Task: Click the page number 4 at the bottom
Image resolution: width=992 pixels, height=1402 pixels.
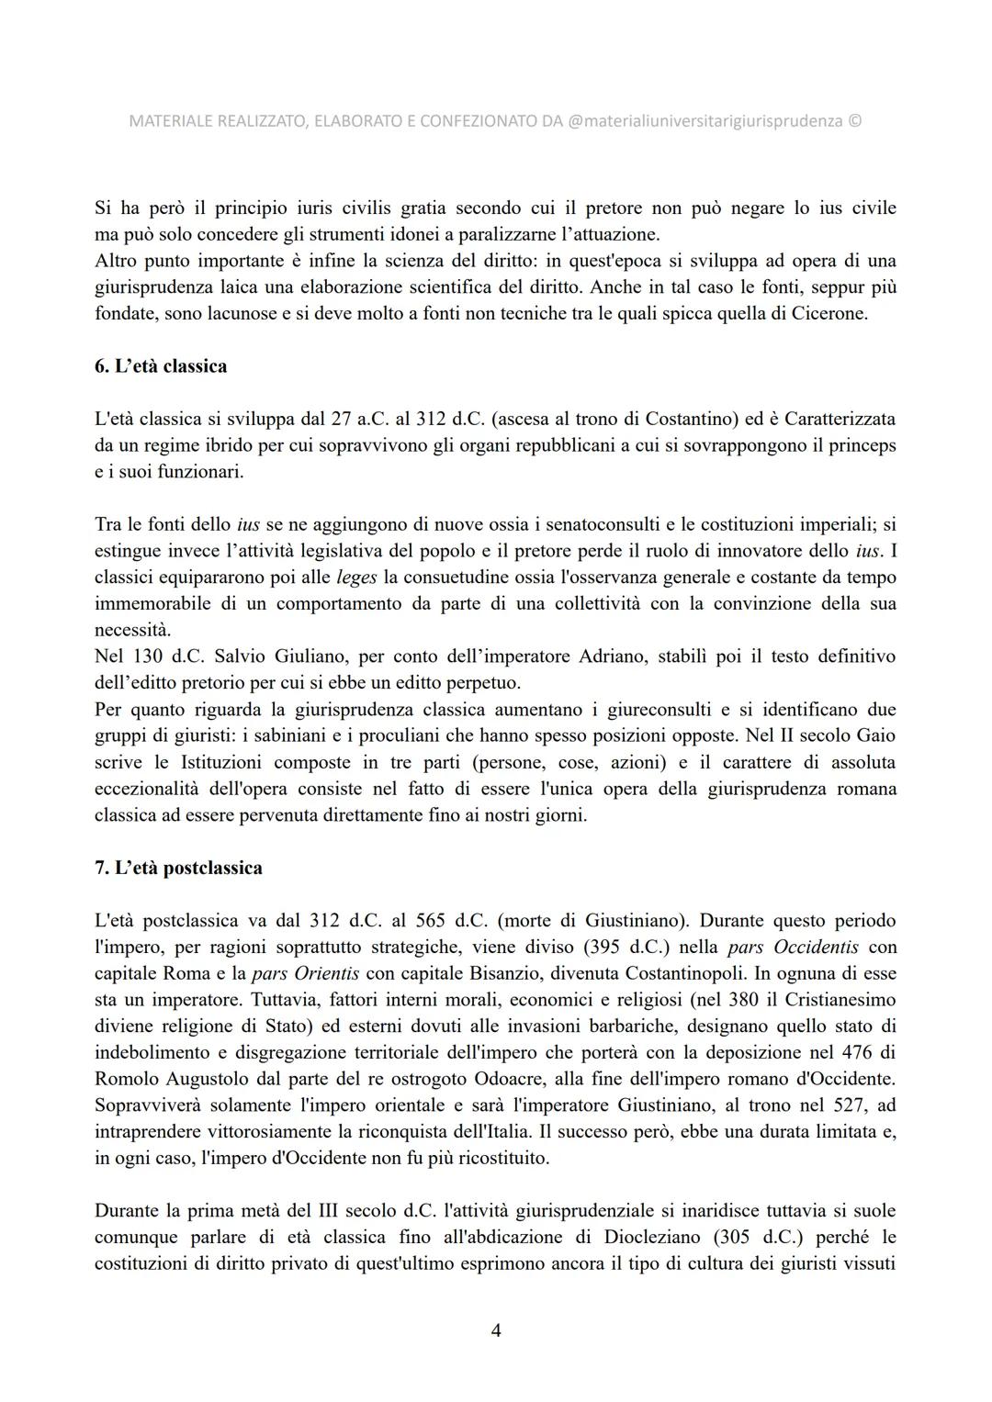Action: [x=496, y=1329]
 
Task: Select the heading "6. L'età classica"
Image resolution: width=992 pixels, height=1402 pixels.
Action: [x=161, y=366]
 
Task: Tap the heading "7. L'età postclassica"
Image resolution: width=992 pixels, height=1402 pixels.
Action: [x=178, y=868]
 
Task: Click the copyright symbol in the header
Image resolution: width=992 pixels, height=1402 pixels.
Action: [x=855, y=121]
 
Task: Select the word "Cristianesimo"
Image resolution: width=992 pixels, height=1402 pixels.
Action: [x=836, y=1000]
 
